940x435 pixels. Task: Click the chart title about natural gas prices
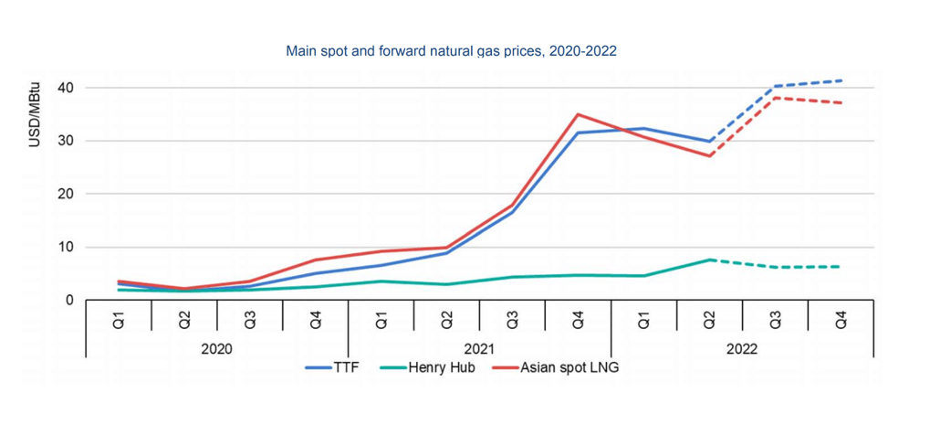pos(452,51)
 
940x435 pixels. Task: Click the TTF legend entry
pos(331,367)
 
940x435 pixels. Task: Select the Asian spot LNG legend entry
pos(555,367)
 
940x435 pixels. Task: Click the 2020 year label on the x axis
pos(216,349)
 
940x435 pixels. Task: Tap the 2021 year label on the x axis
pos(479,349)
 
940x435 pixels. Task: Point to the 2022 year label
pos(742,349)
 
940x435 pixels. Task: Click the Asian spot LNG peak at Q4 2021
pos(578,114)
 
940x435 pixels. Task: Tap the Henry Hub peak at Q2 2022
pos(709,260)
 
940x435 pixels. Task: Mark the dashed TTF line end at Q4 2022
pos(841,80)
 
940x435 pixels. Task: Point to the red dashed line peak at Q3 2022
pos(776,97)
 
